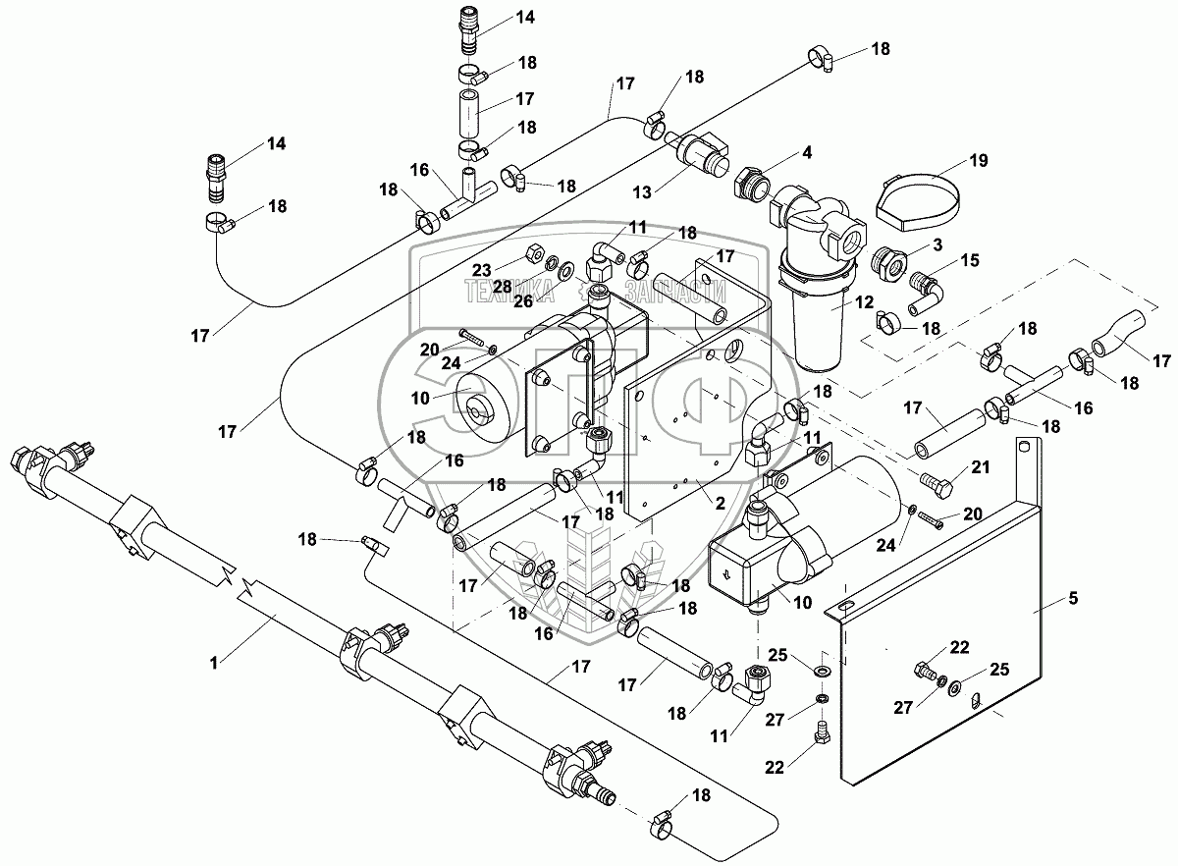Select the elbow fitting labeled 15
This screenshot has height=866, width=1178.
click(x=925, y=286)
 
